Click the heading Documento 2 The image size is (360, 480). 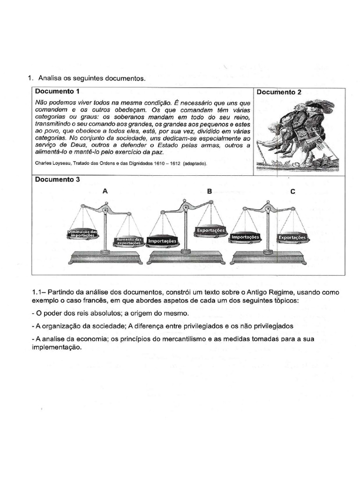279,92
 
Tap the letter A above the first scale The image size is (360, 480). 105,191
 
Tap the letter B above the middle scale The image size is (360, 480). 210,191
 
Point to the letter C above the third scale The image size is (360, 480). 292,191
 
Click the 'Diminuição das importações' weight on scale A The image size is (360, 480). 83,233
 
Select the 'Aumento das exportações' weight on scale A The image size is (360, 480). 128,242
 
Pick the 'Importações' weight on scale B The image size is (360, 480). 162,241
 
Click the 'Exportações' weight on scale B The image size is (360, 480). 210,231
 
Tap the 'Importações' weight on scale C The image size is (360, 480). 245,238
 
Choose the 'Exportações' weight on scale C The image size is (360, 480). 292,238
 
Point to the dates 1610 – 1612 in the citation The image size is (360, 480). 166,164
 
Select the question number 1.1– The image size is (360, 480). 39,292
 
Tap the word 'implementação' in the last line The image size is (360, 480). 55,348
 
